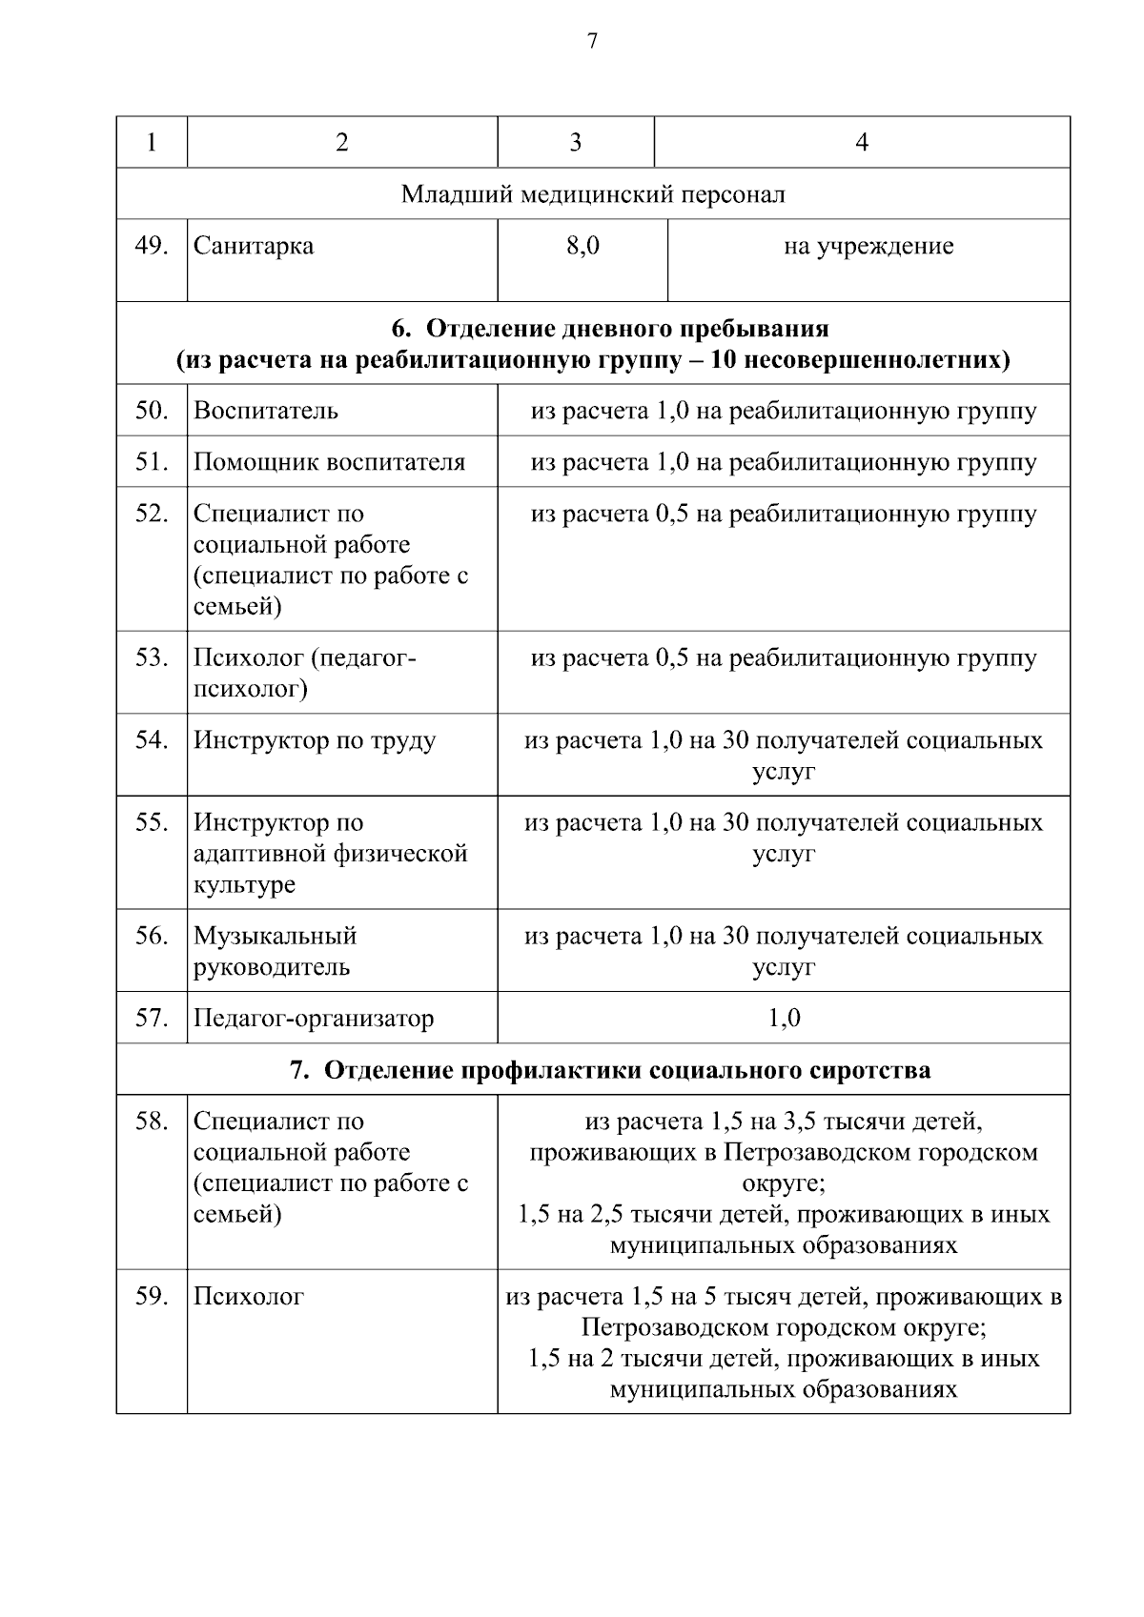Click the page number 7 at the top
coord(592,41)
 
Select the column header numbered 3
coord(575,143)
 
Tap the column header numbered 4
coord(862,143)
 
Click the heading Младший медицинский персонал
coord(593,194)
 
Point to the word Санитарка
coord(254,246)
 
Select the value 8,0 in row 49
coord(582,246)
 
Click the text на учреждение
coord(868,246)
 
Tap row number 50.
coord(152,411)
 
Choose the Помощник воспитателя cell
coord(329,462)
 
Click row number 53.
coord(152,657)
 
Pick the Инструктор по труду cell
coord(315,740)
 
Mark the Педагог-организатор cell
coord(314,1018)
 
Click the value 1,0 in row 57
coord(784,1018)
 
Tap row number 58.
coord(152,1121)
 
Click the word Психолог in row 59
coord(249,1296)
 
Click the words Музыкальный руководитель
coord(275,951)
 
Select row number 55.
coord(152,822)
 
